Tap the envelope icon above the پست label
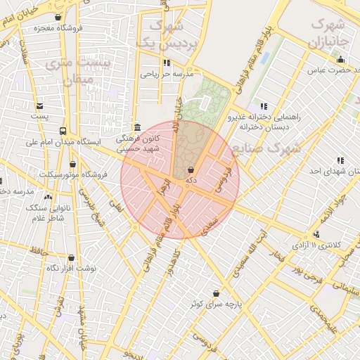coord(40,105)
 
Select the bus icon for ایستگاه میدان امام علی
coord(63,131)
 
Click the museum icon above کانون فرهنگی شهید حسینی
coord(135,127)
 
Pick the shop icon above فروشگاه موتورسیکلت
coord(72,164)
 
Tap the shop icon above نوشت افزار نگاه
coord(71,258)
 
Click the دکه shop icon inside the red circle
coord(191,169)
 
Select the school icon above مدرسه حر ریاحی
coord(167,63)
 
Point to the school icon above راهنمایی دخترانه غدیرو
coord(262,106)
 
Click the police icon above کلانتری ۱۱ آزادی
coord(316,235)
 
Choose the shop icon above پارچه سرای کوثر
coord(215,293)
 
